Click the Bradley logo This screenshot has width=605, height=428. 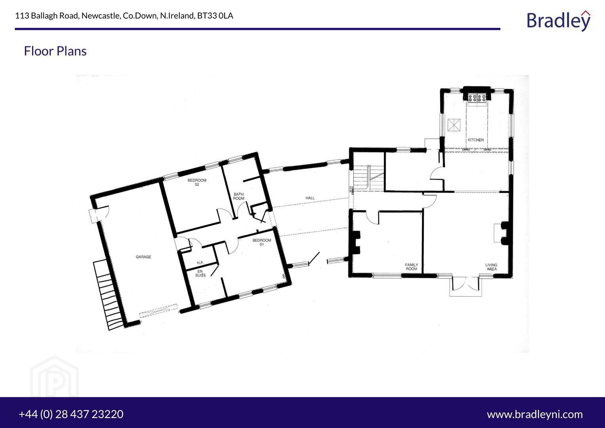coord(559,21)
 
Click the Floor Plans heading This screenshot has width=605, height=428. coord(55,51)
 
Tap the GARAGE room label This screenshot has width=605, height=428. coord(143,257)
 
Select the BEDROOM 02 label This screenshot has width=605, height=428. coord(197,182)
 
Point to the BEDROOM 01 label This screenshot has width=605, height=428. coord(262,242)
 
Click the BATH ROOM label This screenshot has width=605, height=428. coord(239,196)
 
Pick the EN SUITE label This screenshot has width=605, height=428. coord(200,273)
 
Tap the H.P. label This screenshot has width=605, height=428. coord(200,263)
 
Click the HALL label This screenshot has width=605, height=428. coord(310,198)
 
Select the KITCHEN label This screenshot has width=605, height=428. coord(476,140)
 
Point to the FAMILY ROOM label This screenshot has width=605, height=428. coord(411,267)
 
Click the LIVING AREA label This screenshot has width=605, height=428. coord(491,267)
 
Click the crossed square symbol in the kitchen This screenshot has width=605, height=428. coord(454,125)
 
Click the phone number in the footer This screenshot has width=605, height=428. coord(71,414)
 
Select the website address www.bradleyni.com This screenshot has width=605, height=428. coord(535,415)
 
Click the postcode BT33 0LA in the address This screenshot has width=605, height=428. coord(215,16)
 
